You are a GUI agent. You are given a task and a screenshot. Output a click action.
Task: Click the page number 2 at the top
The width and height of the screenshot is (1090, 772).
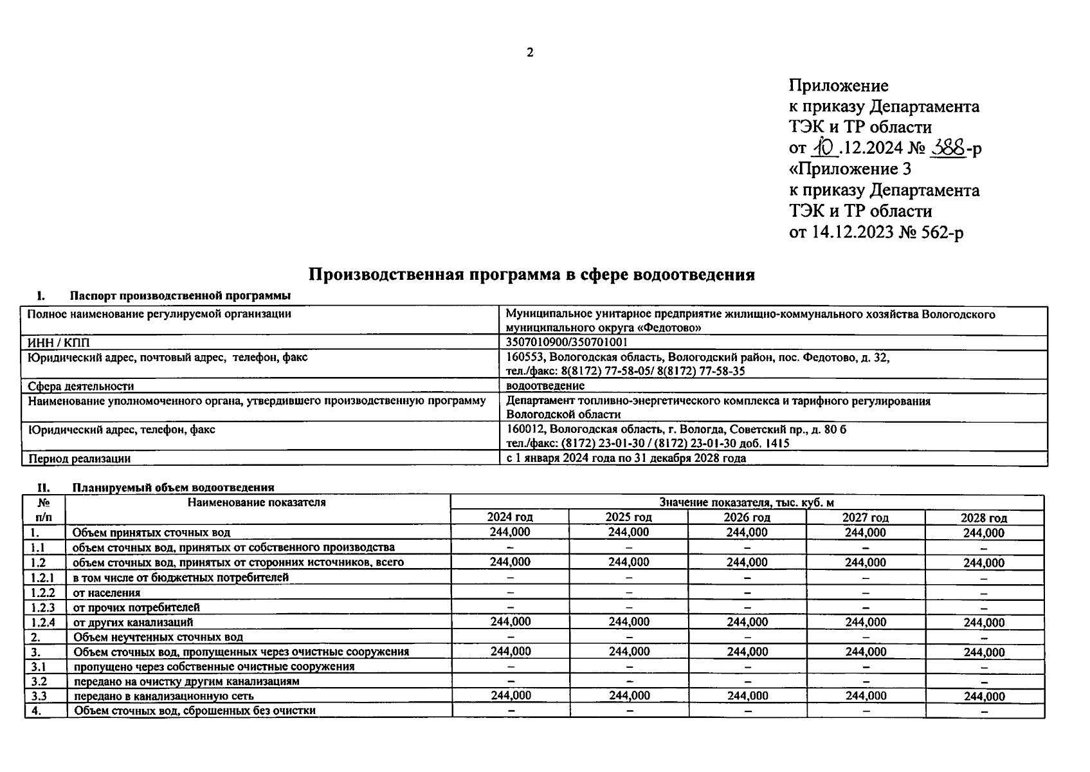coord(530,53)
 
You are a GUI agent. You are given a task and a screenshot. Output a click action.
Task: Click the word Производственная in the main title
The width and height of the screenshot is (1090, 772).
coord(385,275)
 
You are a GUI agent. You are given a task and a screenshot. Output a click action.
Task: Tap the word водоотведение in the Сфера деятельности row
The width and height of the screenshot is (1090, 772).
coord(545,386)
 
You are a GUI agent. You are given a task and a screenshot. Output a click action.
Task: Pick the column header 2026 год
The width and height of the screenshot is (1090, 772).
coord(747,517)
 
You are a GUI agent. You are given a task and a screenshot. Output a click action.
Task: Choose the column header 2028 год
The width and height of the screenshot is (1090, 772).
coord(983,518)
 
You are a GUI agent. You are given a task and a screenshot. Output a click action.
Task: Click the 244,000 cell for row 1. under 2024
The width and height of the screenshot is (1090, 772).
coord(510,532)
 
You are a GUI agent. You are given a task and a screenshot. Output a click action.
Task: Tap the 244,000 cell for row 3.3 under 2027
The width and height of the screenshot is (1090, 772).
coord(866,695)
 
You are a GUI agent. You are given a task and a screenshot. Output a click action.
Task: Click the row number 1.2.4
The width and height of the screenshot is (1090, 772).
coord(43,622)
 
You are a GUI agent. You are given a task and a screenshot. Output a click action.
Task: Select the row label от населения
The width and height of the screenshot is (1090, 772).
coord(107,593)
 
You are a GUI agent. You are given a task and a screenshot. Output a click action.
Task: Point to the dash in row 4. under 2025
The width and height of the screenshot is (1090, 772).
coord(629,711)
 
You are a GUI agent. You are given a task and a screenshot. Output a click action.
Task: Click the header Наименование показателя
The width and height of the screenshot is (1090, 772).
coord(257,502)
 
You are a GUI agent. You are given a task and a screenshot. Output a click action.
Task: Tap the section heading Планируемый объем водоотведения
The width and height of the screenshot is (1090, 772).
coord(174,488)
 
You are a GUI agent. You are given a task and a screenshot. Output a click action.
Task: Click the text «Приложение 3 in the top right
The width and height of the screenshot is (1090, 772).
coord(849,169)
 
